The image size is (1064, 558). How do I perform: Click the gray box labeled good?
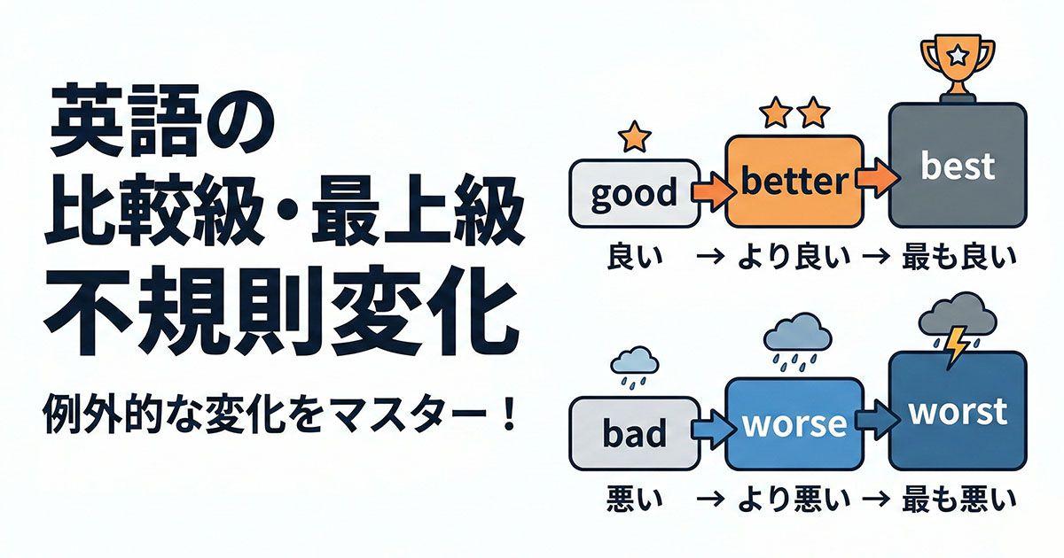[x=631, y=192]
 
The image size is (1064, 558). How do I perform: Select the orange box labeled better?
[x=794, y=181]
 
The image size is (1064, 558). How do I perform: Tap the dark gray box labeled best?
[x=958, y=167]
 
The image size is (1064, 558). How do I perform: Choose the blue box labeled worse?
[x=794, y=423]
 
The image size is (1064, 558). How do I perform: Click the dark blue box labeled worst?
[x=958, y=411]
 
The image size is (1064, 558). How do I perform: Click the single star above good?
[x=634, y=136]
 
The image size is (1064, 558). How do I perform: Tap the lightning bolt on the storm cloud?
[x=956, y=345]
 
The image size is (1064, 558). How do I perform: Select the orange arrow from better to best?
[x=874, y=176]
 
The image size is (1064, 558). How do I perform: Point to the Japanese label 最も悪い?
[x=958, y=500]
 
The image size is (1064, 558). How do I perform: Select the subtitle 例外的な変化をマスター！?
[x=280, y=415]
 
